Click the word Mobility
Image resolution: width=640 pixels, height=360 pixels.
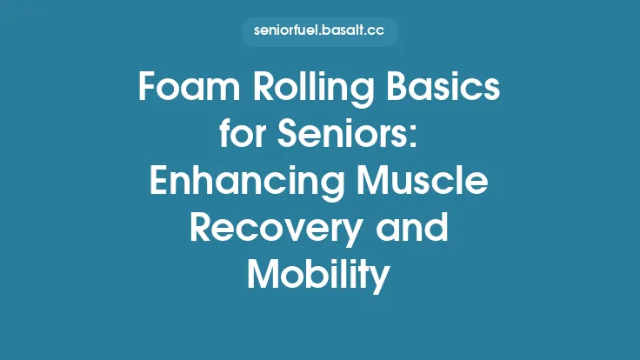coord(319,277)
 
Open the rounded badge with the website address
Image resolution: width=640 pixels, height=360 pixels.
coord(320,32)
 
